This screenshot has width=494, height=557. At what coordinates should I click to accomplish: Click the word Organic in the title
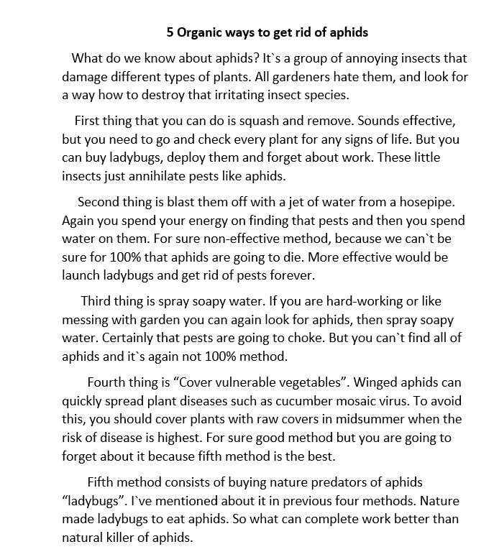click(200, 33)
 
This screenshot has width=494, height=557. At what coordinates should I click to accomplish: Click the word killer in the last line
click(127, 537)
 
